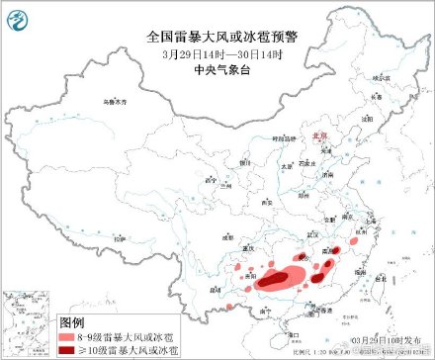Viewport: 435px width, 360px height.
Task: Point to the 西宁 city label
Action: pyautogui.click(x=210, y=181)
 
